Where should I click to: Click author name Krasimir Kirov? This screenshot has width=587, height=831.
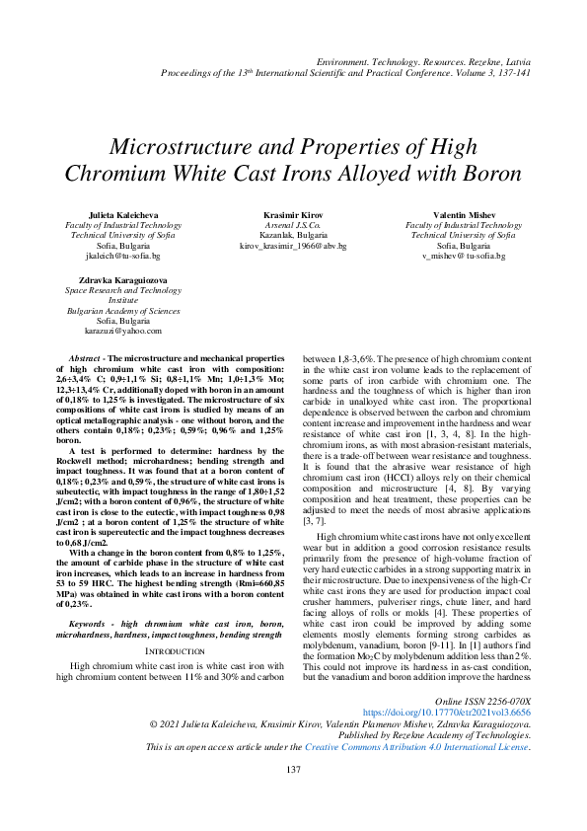click(x=293, y=215)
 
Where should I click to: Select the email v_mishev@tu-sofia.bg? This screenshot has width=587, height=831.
click(x=463, y=255)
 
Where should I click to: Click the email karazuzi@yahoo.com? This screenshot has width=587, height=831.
click(x=122, y=331)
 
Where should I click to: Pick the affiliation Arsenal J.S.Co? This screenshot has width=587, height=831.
click(x=293, y=225)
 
